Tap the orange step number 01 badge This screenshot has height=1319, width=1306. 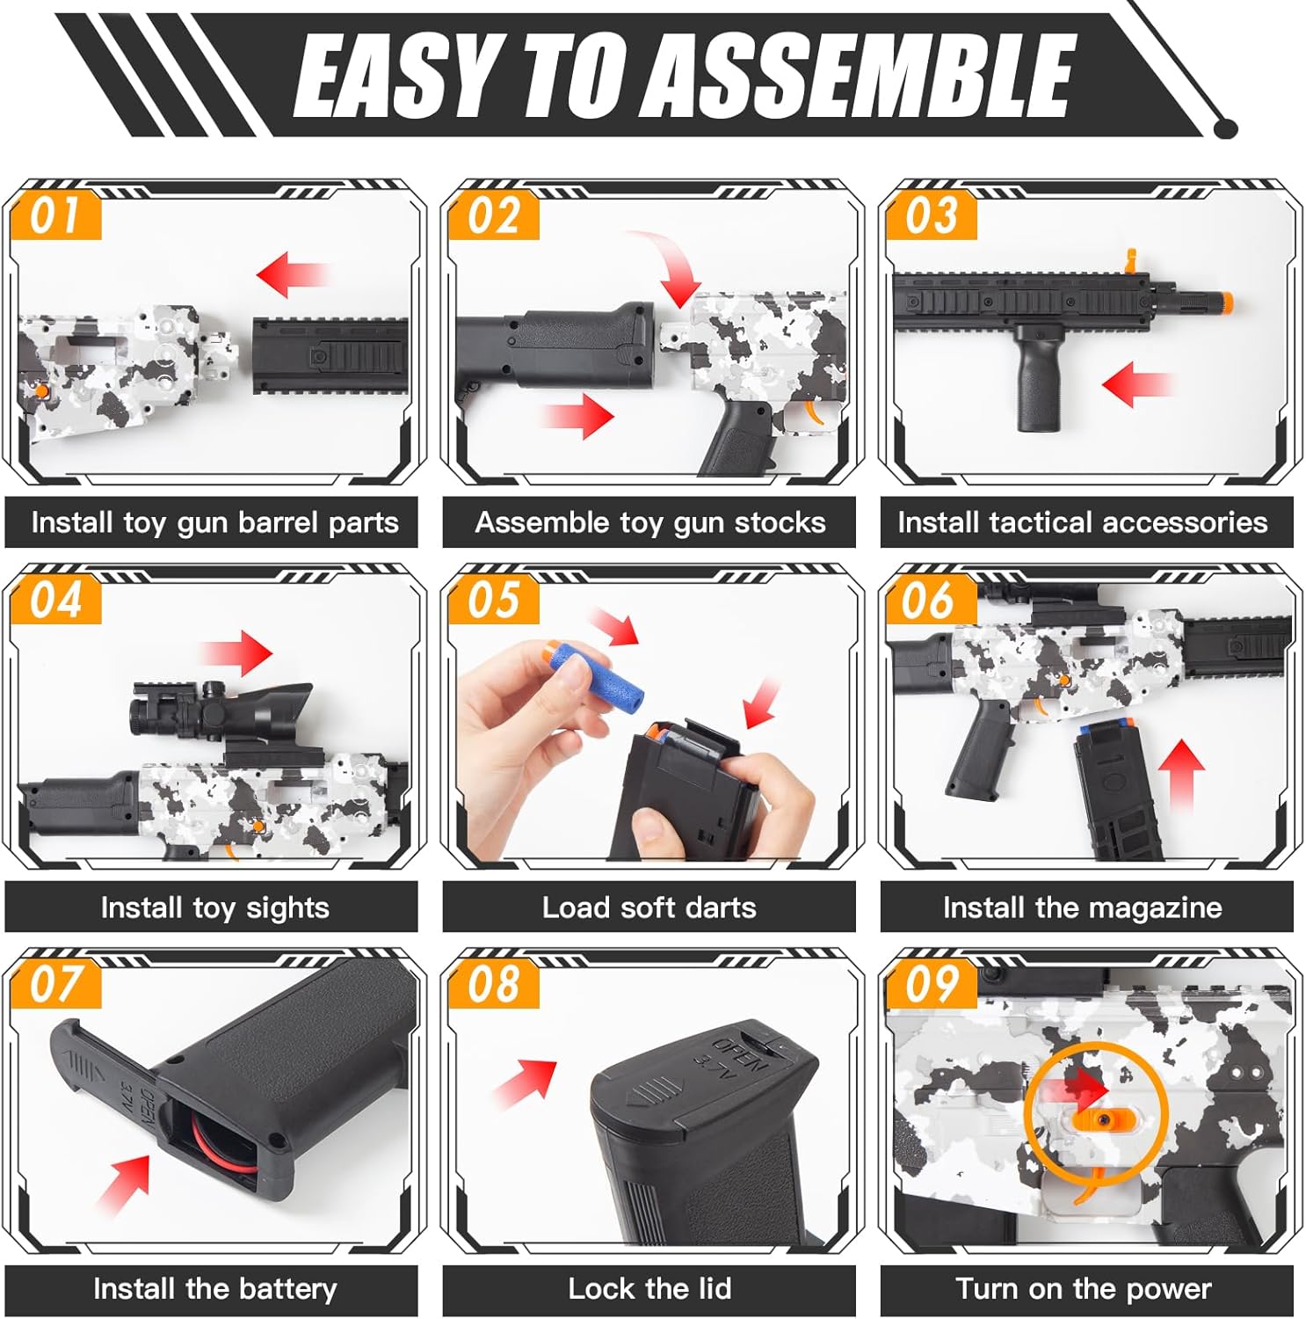pyautogui.click(x=55, y=215)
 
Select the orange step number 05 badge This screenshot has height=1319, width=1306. pyautogui.click(x=493, y=601)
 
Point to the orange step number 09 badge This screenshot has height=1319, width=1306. pyautogui.click(x=931, y=984)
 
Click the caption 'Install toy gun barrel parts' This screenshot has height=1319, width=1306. pyautogui.click(x=214, y=522)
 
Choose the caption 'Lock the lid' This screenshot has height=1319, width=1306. pyautogui.click(x=649, y=1289)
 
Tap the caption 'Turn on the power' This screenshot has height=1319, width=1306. pyautogui.click(x=1084, y=1289)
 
